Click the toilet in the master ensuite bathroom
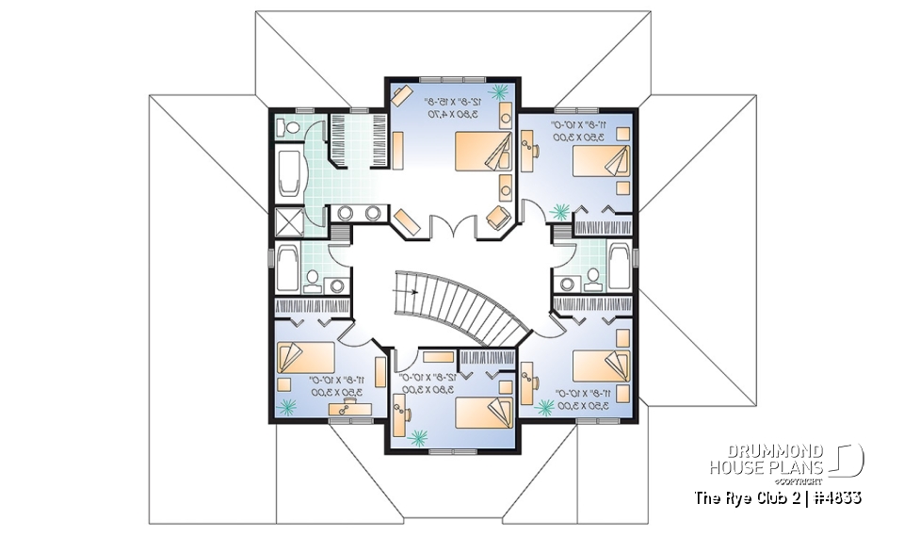[290, 126]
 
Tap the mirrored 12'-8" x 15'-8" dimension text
[451, 100]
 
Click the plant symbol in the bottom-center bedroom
[419, 436]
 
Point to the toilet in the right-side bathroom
[593, 276]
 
